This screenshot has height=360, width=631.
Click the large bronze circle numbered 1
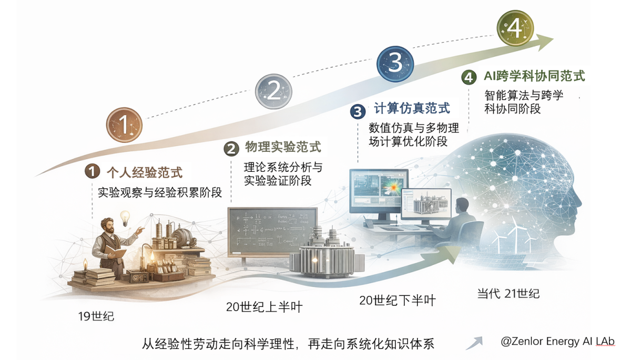tap(124, 125)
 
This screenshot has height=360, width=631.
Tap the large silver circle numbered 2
tap(273, 91)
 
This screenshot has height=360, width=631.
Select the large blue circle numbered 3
tap(395, 64)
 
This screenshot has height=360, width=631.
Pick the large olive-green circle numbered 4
tap(515, 28)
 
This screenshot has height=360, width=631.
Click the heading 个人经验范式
tap(145, 172)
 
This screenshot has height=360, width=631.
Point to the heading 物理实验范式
tap(283, 147)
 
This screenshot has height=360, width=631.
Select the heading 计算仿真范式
tap(412, 108)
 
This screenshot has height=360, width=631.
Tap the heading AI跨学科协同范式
tap(534, 76)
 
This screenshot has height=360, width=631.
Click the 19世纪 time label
tap(96, 316)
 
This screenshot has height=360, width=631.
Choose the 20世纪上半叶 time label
tap(264, 306)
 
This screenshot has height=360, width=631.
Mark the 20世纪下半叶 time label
tap(398, 300)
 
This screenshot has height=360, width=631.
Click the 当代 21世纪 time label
tap(508, 294)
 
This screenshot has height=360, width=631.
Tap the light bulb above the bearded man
tap(125, 218)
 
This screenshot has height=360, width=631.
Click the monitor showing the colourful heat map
tap(379, 191)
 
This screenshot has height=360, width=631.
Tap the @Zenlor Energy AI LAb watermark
tap(557, 342)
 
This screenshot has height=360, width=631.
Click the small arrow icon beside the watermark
tap(474, 343)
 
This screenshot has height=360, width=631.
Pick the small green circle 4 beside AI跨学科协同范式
tap(469, 77)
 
